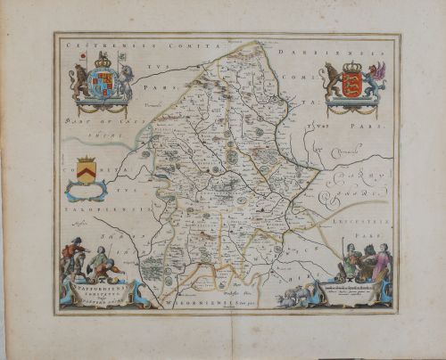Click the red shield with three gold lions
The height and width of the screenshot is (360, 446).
[x=351, y=89]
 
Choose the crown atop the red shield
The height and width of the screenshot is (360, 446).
[x=351, y=68]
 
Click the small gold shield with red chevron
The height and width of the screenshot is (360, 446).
[x=86, y=168]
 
